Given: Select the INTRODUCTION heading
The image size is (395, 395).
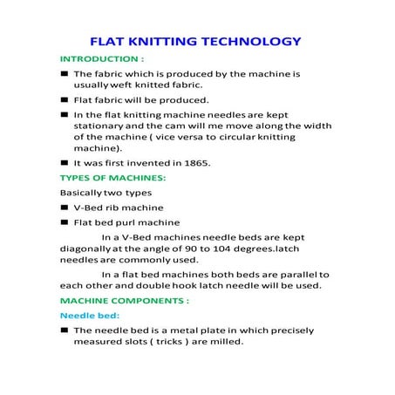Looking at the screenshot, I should (x=101, y=58).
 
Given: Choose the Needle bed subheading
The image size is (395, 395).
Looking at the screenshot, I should (x=89, y=315).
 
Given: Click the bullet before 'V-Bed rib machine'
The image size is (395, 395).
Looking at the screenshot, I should (x=65, y=208).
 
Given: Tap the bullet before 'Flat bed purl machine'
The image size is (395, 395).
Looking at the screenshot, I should (x=65, y=222).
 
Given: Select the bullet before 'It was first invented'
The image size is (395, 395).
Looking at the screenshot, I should (x=65, y=163).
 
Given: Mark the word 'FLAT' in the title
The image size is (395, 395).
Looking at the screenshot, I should (x=112, y=41).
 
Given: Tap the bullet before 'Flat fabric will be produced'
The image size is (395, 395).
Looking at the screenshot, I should (x=65, y=100).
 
